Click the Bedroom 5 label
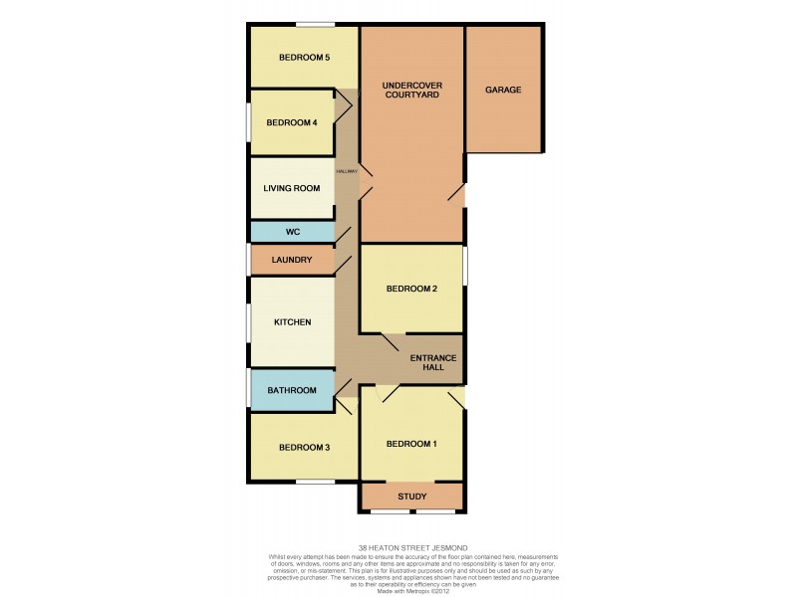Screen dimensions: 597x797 click(x=304, y=58)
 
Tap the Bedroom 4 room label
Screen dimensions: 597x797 click(x=291, y=122)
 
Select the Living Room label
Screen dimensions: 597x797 click(x=291, y=188)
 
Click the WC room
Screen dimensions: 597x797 click(x=292, y=232)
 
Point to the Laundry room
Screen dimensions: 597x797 click(x=292, y=260)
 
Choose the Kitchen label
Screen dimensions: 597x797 click(x=293, y=322)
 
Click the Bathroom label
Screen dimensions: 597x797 click(x=292, y=390)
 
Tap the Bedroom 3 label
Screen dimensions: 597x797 click(x=304, y=448)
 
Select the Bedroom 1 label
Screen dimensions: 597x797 click(x=411, y=444)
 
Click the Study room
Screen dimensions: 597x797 click(x=411, y=496)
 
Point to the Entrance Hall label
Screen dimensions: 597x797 click(x=438, y=363)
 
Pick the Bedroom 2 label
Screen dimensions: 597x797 click(x=411, y=289)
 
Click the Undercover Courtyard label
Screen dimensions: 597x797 click(x=411, y=91)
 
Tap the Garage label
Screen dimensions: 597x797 click(x=503, y=90)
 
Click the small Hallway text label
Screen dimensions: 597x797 click(x=346, y=171)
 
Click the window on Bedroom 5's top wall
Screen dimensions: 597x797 click(x=314, y=24)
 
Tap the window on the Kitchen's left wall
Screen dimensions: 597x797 click(x=249, y=323)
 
